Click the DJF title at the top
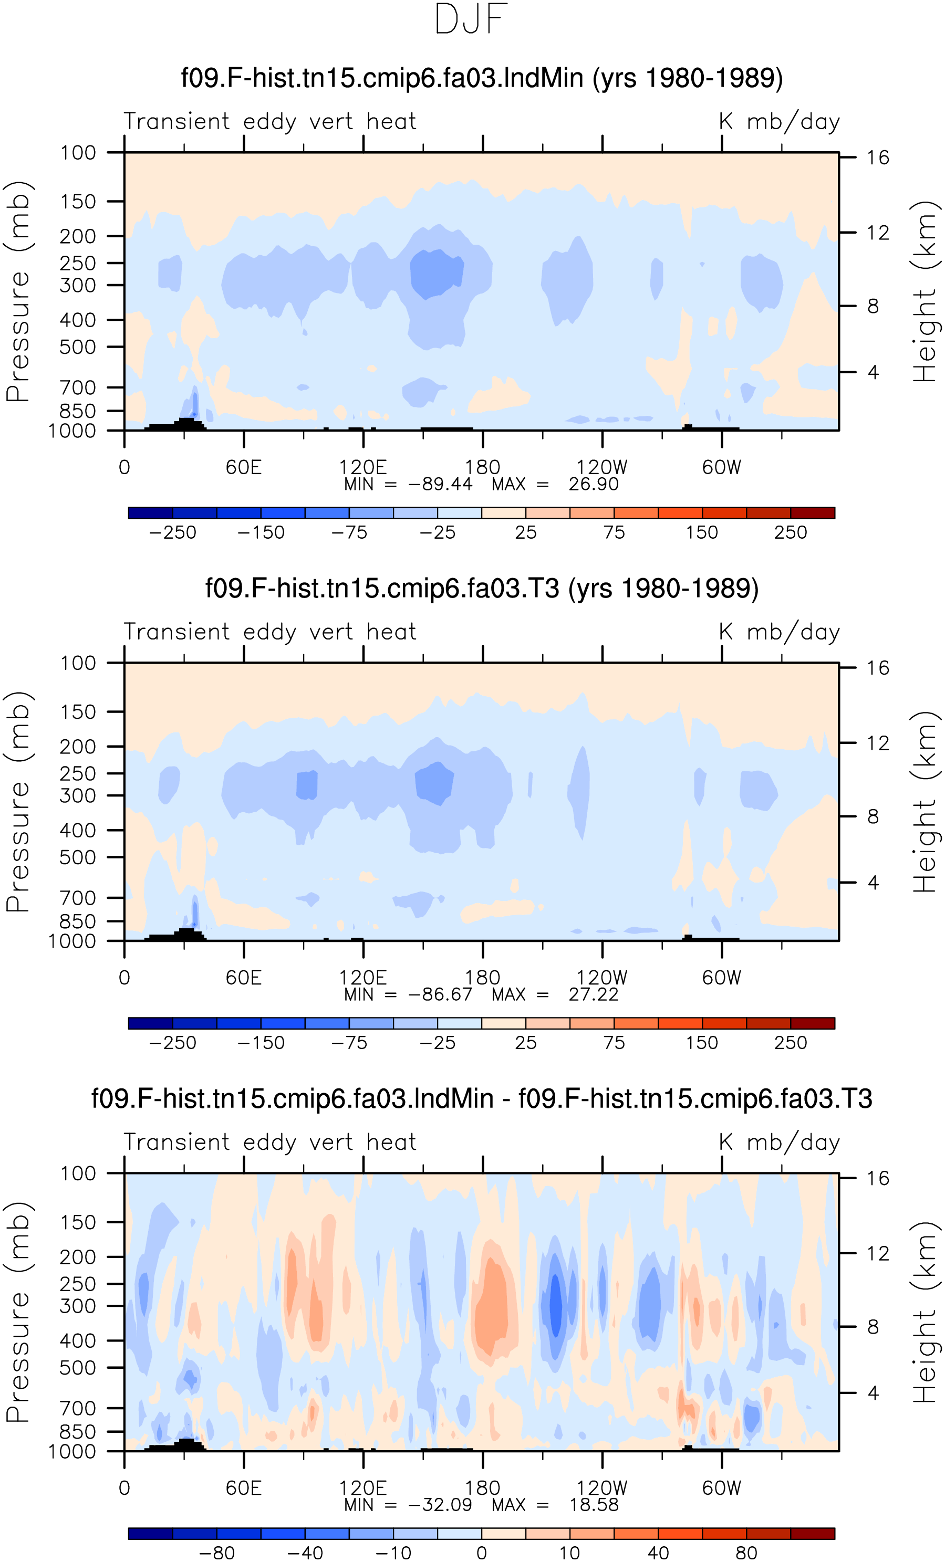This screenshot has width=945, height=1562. (471, 19)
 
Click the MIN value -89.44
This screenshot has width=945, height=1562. (440, 484)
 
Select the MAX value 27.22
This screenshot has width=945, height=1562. (593, 994)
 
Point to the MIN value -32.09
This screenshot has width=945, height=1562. (440, 1504)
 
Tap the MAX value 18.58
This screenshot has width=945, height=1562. (594, 1504)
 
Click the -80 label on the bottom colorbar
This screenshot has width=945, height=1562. (217, 1553)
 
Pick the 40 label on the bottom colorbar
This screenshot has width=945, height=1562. (658, 1553)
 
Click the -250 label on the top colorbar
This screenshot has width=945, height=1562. (172, 532)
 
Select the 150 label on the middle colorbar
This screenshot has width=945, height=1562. (702, 1043)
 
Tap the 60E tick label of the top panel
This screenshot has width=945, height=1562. (244, 467)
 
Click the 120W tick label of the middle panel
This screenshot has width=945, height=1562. (601, 978)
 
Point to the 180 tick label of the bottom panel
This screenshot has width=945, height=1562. (483, 1487)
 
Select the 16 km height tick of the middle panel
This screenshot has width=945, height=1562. (878, 668)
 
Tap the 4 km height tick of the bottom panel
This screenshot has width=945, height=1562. (874, 1393)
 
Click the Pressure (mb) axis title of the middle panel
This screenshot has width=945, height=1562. (18, 802)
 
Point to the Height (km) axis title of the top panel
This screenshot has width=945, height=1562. (925, 291)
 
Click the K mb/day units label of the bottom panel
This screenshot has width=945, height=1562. (780, 1142)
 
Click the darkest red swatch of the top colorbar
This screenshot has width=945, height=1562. (813, 513)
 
